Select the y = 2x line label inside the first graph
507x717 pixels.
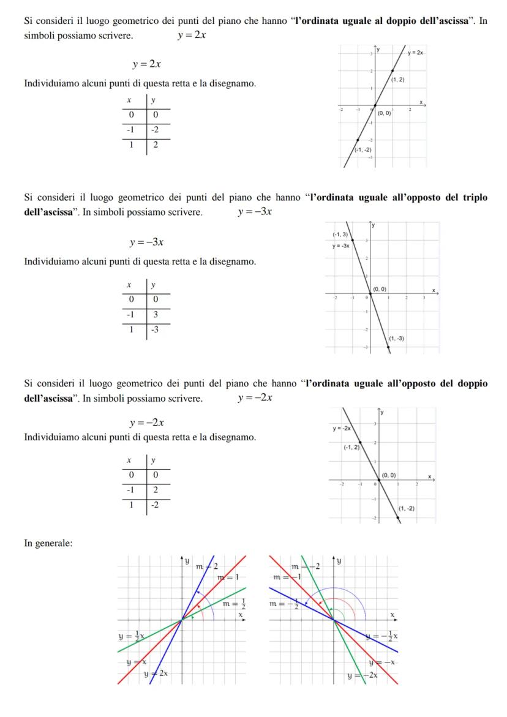click(416, 53)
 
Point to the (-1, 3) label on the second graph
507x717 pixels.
click(341, 235)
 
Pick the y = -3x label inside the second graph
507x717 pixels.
click(341, 246)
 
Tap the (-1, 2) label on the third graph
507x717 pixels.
click(351, 448)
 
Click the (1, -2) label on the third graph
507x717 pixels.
click(406, 508)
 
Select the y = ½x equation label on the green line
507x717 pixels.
click(131, 637)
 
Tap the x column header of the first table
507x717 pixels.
click(129, 100)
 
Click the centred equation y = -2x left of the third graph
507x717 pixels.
click(146, 423)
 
